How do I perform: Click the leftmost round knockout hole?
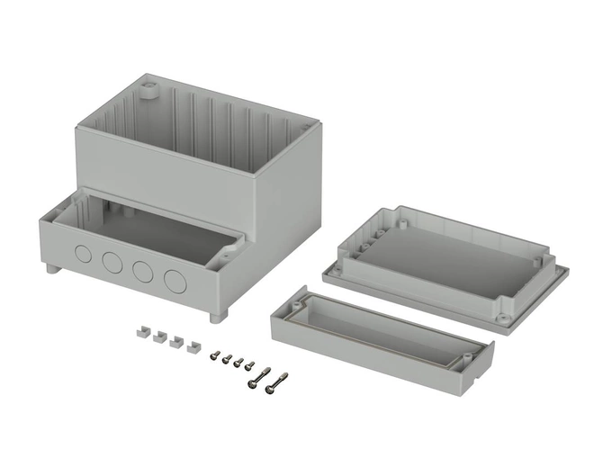click(x=83, y=253)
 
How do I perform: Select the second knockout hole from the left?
click(x=112, y=262)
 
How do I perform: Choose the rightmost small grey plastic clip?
click(x=193, y=347)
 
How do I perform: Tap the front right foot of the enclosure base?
click(x=215, y=318)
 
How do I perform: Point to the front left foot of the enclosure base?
click(x=48, y=268)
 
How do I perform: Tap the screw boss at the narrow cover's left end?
click(x=293, y=308)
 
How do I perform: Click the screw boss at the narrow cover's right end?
click(x=468, y=361)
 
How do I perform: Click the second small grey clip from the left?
click(x=159, y=337)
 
